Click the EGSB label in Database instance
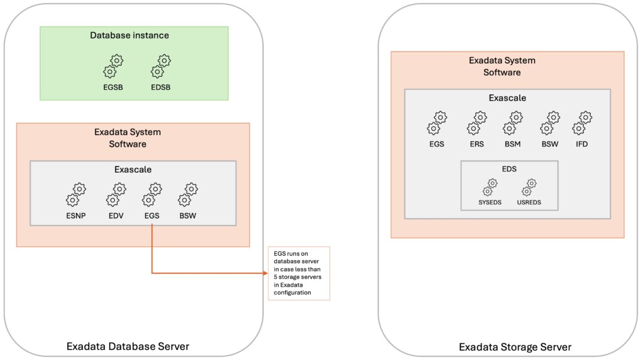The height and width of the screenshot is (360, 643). coord(113,87)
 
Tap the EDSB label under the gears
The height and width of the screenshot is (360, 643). coord(161,87)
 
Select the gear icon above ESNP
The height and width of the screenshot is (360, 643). coord(76,195)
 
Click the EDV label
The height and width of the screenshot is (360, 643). coord(116,215)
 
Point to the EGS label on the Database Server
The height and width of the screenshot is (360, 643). coord(151,215)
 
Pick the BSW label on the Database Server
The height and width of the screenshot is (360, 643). coord(187,215)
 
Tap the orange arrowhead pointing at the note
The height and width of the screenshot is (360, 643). coord(264,273)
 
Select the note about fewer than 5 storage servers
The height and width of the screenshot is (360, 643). coord(298,273)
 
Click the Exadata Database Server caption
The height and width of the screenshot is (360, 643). coord(127,346)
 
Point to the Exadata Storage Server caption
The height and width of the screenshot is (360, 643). coord(515,347)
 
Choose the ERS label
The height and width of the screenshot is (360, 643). coord(477,144)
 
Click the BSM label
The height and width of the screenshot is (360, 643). coord(513,144)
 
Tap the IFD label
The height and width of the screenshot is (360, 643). coord(581,144)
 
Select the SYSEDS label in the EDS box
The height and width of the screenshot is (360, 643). coord(489,203)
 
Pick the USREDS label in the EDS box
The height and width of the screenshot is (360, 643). coord(529,203)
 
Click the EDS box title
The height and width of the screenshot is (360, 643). coord(509,169)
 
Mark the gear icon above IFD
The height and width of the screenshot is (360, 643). coord(582,123)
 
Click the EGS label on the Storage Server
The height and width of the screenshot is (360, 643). coord(436,144)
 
